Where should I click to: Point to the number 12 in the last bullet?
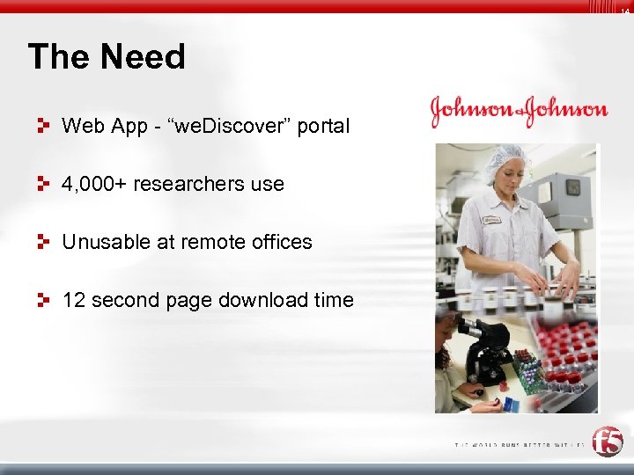click(73, 300)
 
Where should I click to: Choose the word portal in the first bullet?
click(323, 126)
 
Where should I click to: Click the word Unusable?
click(105, 242)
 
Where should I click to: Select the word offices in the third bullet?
click(282, 242)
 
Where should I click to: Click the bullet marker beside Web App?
click(42, 126)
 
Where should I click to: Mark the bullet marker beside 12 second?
click(42, 300)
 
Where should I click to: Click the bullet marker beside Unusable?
click(42, 242)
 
